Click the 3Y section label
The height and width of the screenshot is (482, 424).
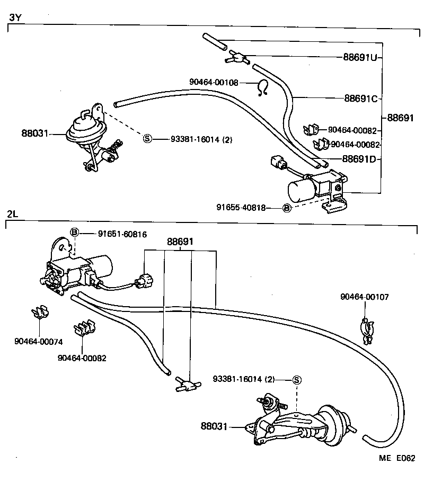click(14, 17)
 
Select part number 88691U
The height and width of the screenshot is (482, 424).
click(360, 57)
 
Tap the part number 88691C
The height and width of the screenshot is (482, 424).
click(360, 98)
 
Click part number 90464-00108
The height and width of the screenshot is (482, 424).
click(214, 82)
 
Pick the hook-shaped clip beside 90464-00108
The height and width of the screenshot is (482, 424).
click(262, 88)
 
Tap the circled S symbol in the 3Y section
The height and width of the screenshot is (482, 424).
click(147, 139)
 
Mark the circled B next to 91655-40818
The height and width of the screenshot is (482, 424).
click(286, 208)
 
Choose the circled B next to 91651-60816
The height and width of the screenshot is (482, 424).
click(75, 233)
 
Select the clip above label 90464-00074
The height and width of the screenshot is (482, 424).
click(38, 314)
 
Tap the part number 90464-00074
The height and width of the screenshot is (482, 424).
click(38, 341)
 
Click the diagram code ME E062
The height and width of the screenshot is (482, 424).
click(396, 458)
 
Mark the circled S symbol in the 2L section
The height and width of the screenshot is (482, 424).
click(297, 379)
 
